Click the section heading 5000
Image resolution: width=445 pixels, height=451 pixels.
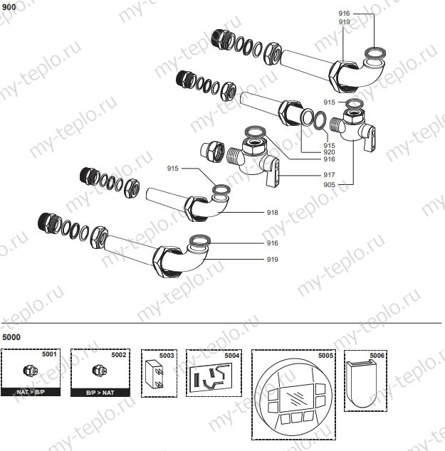[11, 336]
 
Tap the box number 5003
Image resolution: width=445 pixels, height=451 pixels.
[167, 354]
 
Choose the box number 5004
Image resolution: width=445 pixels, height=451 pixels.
[232, 354]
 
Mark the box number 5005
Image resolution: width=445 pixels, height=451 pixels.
[325, 354]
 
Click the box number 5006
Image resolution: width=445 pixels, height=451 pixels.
[377, 354]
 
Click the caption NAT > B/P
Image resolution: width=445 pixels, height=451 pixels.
[30, 392]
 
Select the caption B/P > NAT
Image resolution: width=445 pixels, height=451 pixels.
[99, 392]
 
